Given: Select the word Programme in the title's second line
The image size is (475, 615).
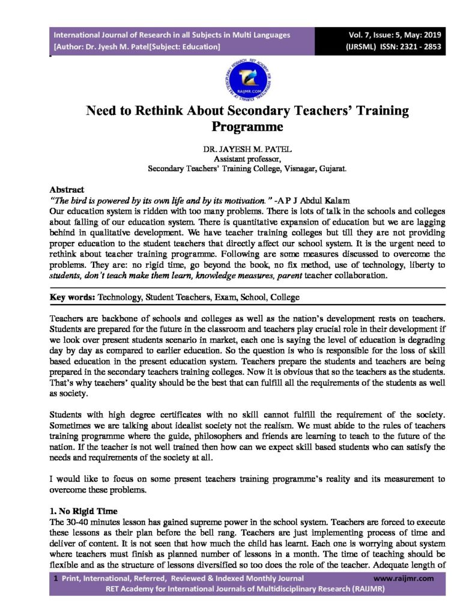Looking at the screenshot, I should [x=247, y=127].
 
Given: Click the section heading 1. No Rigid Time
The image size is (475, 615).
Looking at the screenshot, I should [x=83, y=510].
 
